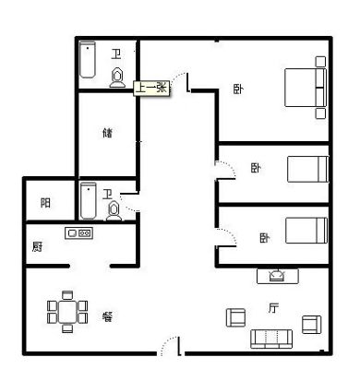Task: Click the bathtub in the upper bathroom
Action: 88,60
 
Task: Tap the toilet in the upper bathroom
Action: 117,77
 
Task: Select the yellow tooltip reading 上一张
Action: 151,89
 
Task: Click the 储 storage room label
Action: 107,133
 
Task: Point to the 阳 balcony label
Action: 45,203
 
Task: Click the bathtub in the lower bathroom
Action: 89,200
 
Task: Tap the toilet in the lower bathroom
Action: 114,211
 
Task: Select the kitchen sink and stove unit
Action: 78,233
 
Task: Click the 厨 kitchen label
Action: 37,246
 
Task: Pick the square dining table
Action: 67,312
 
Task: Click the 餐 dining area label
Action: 107,316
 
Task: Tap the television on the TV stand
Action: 277,276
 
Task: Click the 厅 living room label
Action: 273,308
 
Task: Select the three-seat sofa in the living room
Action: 271,339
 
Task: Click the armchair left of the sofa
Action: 236,317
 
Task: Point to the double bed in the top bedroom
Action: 306,88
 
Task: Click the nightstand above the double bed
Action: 320,62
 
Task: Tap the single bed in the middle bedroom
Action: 307,169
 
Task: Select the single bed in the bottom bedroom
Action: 306,231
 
